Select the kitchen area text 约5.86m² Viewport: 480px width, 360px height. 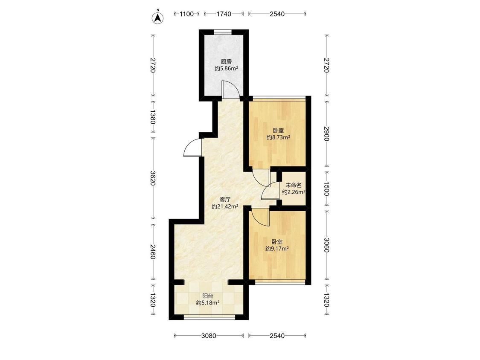pos(226,69)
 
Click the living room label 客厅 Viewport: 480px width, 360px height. pos(225,200)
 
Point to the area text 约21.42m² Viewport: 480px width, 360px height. pos(225,206)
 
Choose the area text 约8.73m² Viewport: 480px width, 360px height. pos(278,137)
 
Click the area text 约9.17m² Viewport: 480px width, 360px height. pos(277,249)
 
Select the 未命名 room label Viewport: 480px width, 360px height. pos(294,185)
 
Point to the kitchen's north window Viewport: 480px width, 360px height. pos(223,32)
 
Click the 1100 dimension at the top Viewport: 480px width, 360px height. pos(187,14)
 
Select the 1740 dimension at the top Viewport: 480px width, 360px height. pos(224,14)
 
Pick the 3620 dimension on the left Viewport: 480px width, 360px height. pos(153,177)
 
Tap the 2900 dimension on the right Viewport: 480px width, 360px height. pos(327,134)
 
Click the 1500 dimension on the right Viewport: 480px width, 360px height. pos(327,189)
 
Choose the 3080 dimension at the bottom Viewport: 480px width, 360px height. pos(209,336)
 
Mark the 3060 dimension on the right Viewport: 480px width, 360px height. pos(327,245)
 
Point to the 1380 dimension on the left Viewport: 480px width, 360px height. pos(153,116)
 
